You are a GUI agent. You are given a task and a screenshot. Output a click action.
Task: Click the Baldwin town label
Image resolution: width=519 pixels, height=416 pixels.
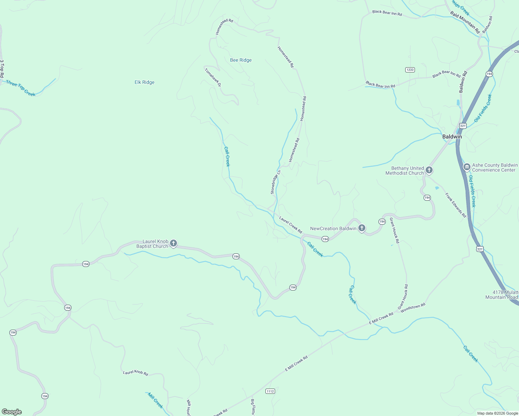tap(452, 137)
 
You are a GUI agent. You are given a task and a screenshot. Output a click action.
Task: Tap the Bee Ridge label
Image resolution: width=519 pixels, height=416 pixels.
tap(241, 60)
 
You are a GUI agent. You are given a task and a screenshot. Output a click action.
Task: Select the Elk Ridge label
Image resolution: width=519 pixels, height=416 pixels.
tap(144, 82)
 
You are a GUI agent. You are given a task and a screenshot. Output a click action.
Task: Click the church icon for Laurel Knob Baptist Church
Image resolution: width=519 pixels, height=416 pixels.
tap(173, 243)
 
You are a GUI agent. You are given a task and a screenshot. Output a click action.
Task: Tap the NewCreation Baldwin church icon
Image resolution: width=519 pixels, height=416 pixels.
tap(362, 228)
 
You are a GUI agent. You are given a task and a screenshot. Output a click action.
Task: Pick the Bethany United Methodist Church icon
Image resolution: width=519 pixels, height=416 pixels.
tap(429, 170)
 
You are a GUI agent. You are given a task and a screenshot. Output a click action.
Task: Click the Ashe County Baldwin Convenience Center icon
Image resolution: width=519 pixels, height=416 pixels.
tap(467, 167)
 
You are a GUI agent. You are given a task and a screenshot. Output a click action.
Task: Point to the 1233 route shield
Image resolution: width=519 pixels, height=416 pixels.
tap(410, 70)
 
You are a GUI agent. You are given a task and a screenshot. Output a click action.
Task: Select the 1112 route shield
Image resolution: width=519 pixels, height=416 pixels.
tap(270, 391)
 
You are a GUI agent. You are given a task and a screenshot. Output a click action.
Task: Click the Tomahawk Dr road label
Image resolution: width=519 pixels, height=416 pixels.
tap(213, 77)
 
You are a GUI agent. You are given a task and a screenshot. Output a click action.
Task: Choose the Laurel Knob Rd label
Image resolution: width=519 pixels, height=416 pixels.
tap(136, 373)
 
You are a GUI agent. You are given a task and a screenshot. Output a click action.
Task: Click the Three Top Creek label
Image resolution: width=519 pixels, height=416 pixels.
tap(21, 88)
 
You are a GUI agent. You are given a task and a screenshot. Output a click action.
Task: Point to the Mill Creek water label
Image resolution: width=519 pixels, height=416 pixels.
tap(155, 400)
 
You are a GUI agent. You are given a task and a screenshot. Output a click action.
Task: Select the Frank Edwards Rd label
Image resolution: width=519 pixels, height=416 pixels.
tap(456, 205)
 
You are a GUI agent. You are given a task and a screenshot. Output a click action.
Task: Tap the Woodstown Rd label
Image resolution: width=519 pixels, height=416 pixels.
tap(412, 308)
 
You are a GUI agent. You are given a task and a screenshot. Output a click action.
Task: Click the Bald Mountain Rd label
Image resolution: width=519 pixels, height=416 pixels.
tap(465, 22)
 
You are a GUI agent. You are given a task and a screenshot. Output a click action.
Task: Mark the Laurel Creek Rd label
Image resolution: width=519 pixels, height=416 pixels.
tap(291, 225)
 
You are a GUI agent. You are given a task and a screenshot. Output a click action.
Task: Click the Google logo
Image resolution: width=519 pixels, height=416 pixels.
tap(12, 412)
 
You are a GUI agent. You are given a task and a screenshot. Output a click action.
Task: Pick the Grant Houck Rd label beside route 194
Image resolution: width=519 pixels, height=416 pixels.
tap(394, 230)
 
